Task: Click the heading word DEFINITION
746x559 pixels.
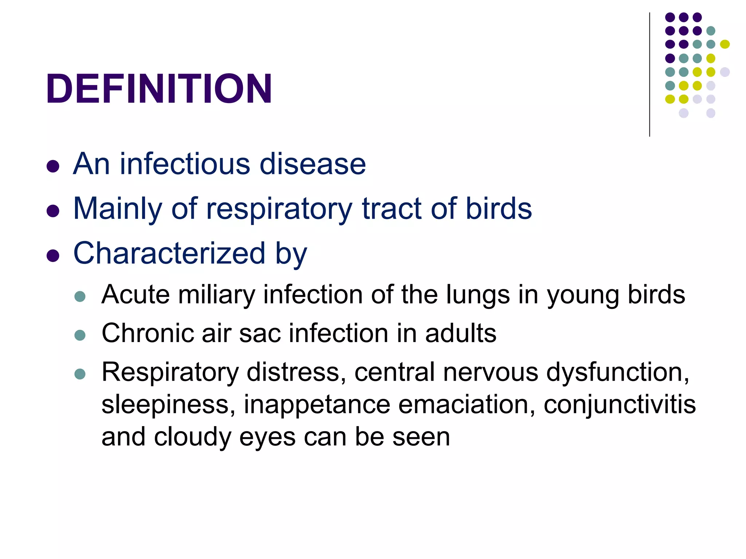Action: (x=159, y=89)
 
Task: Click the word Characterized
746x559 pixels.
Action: (x=169, y=253)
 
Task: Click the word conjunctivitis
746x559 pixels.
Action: (x=620, y=405)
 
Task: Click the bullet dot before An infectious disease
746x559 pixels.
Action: (x=53, y=166)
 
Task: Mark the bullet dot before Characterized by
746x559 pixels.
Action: (x=53, y=255)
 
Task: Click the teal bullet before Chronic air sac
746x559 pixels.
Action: (x=80, y=335)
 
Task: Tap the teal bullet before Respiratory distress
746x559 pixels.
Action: (x=80, y=374)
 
